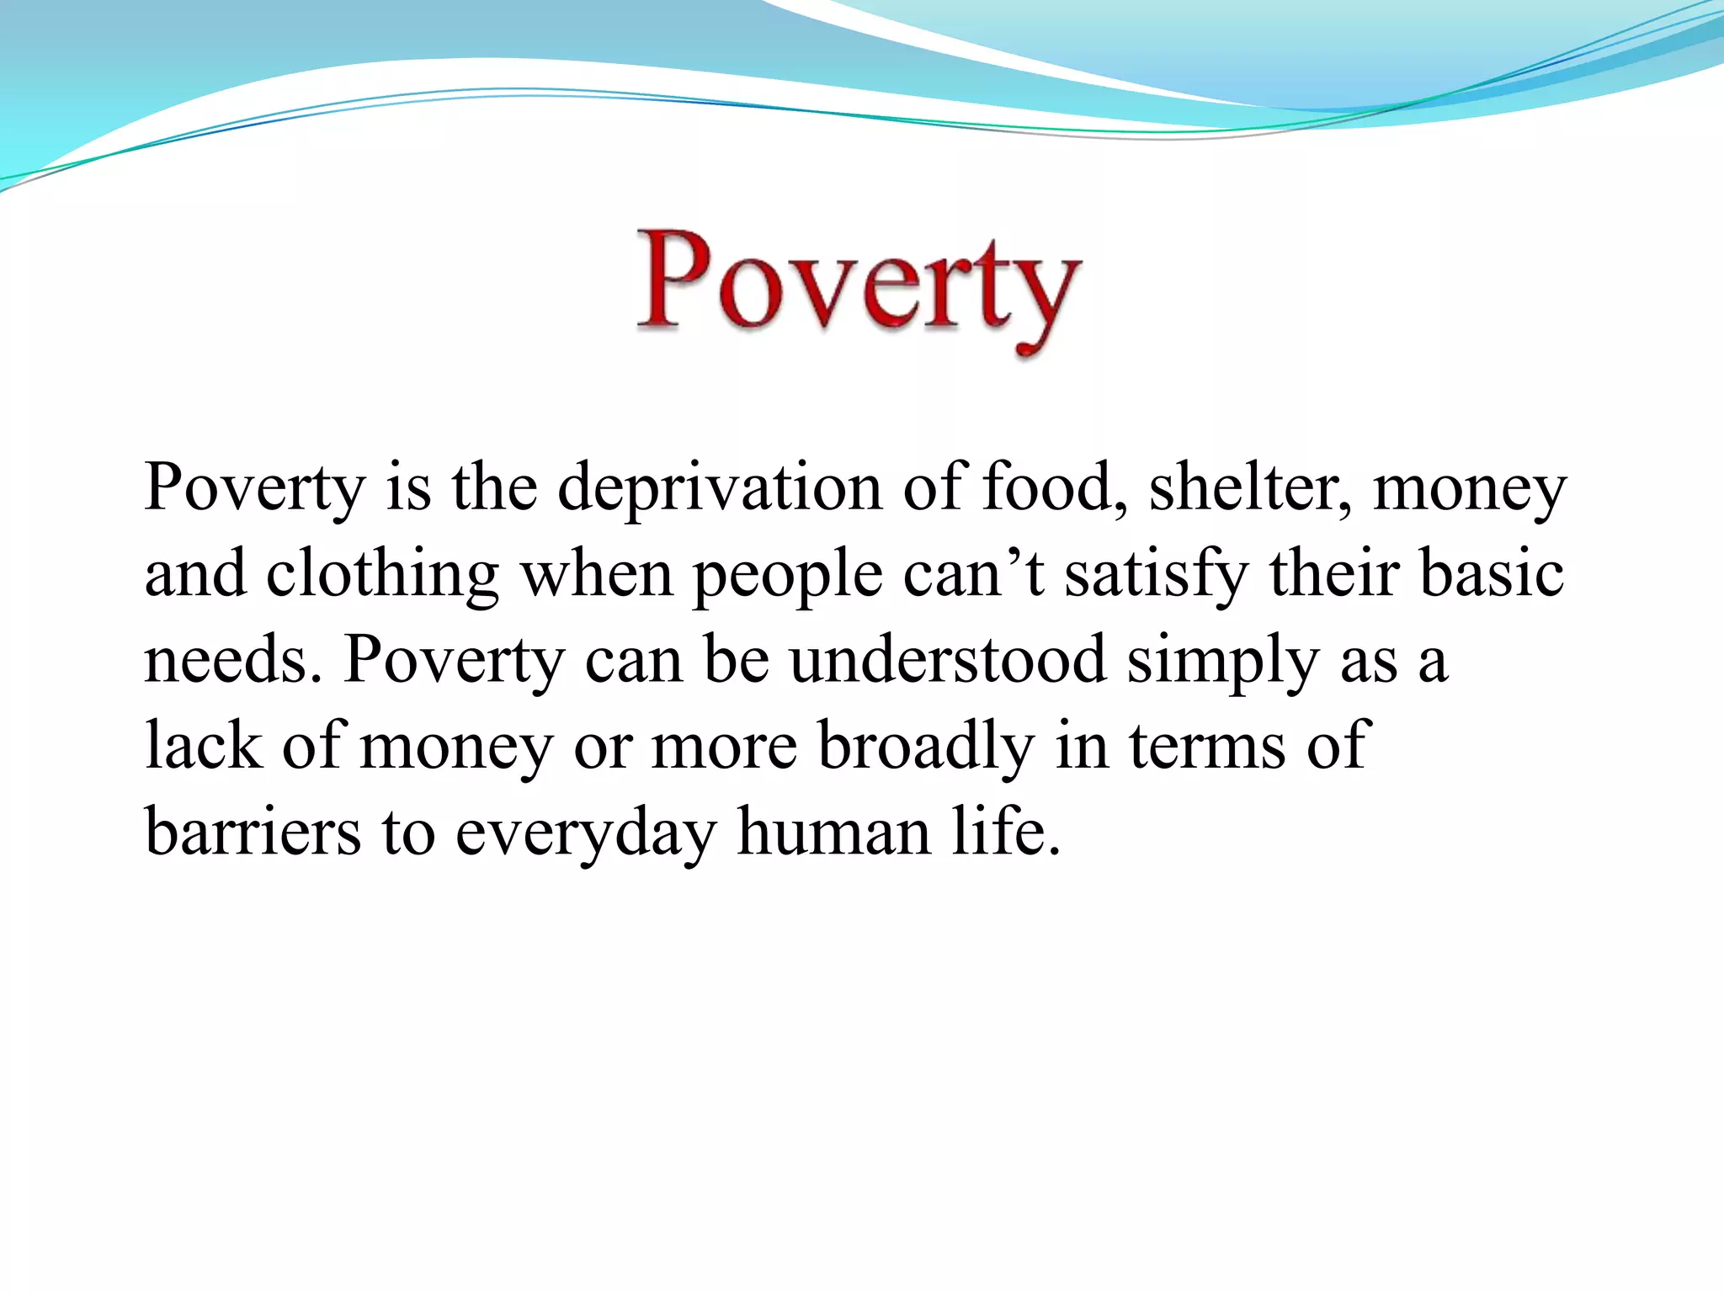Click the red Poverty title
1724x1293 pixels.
click(x=859, y=286)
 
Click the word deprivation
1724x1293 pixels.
click(x=720, y=488)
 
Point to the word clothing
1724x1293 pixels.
click(x=383, y=575)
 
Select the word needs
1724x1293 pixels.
click(x=232, y=661)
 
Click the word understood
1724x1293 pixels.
click(x=948, y=661)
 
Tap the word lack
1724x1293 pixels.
click(x=203, y=747)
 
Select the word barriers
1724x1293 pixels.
click(x=253, y=833)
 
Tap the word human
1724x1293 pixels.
click(x=833, y=833)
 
